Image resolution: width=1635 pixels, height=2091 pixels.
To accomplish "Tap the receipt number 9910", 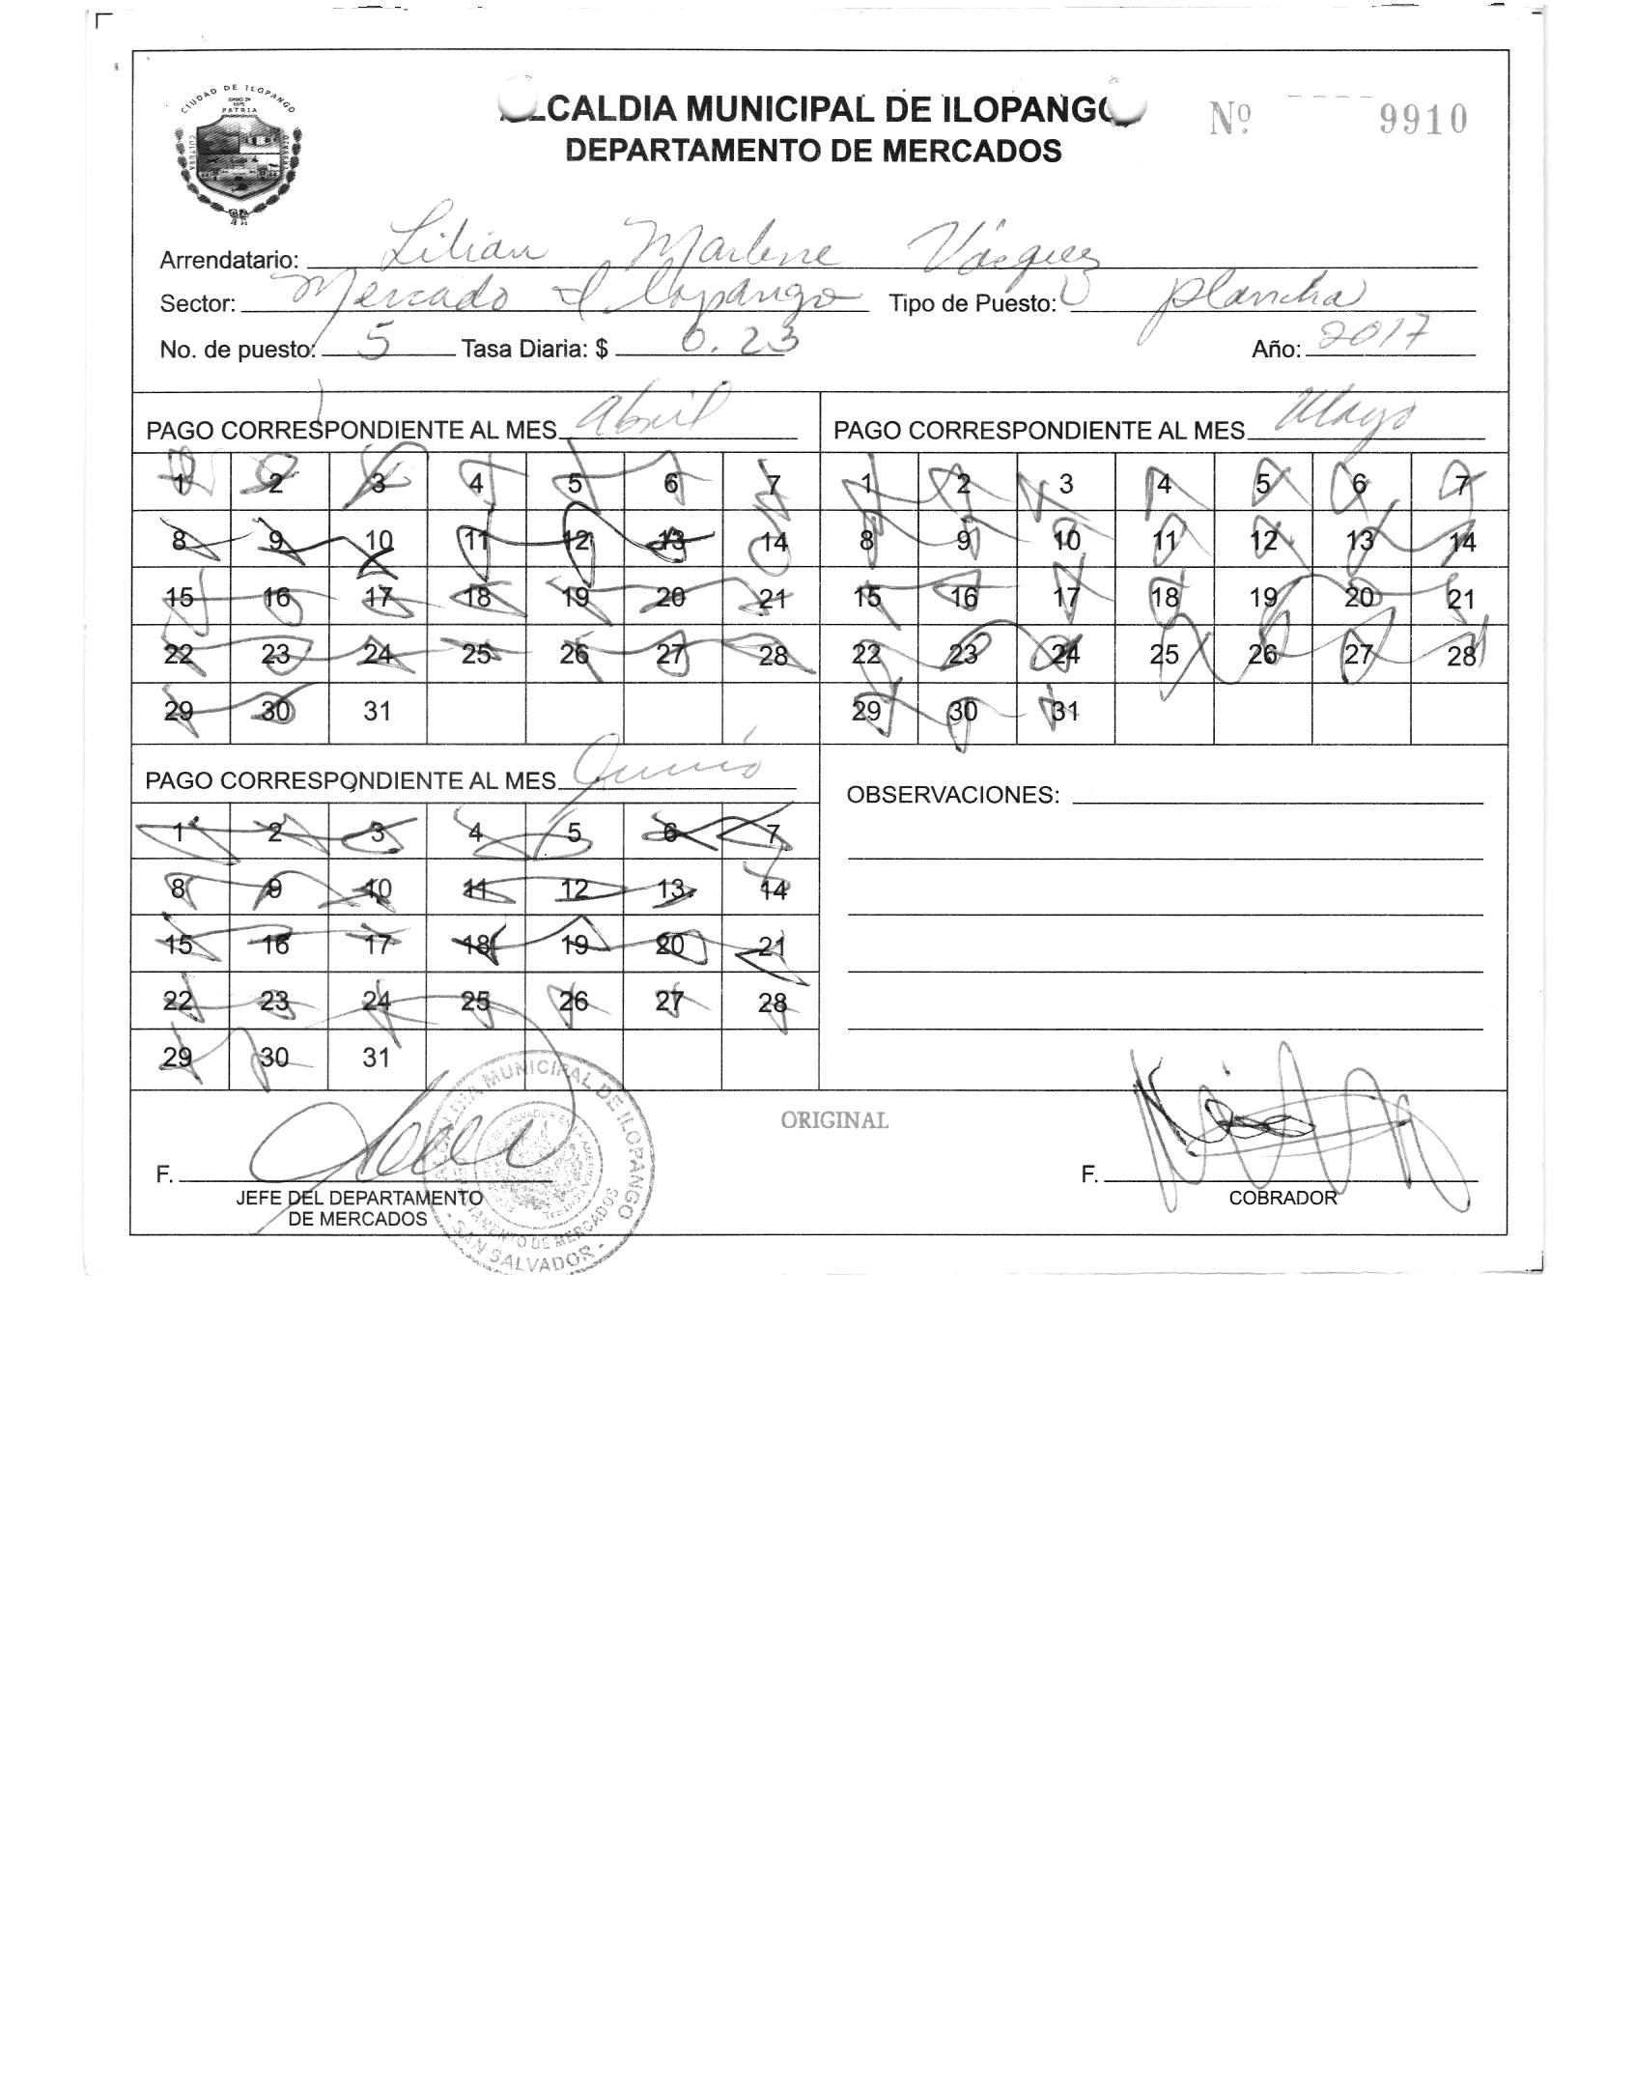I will (x=1423, y=121).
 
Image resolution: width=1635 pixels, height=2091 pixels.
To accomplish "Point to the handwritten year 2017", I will (x=1372, y=339).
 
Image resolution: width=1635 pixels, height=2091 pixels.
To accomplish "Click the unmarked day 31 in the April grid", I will (x=377, y=712).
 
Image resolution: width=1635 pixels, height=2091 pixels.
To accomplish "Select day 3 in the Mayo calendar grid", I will (x=1065, y=484).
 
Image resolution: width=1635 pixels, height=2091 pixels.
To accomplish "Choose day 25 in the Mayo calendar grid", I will (x=1164, y=655).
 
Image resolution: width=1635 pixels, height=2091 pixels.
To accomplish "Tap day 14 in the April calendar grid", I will (x=774, y=542).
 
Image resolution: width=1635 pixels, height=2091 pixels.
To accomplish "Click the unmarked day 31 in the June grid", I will (x=376, y=1058).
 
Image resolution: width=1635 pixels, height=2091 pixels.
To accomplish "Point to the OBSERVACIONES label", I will (x=952, y=795).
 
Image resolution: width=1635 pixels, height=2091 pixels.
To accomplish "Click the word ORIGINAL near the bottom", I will (x=834, y=1120).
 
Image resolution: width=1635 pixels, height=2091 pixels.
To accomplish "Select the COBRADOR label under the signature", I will (x=1283, y=1198).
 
